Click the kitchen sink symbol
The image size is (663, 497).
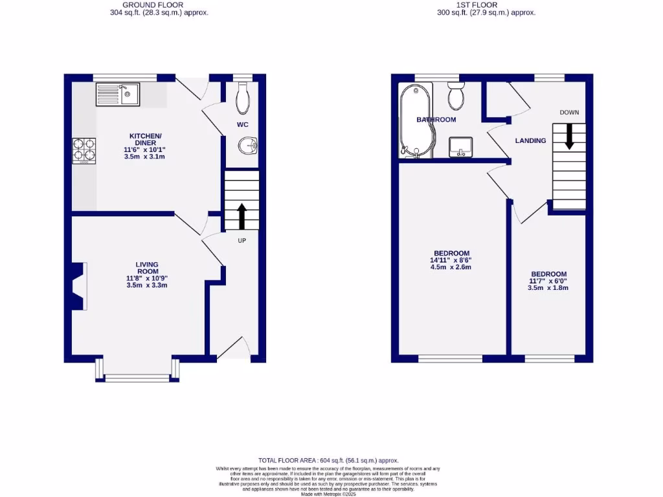[x=117, y=94]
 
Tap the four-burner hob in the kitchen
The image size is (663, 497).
[x=83, y=149]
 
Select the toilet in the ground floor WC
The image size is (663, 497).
[x=243, y=98]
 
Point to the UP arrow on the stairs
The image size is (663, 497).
[x=242, y=217]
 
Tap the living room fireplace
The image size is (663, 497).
[x=78, y=287]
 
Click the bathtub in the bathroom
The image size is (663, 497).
[x=412, y=122]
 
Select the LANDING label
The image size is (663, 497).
[x=530, y=140]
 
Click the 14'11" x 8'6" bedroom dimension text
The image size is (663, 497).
[x=451, y=260]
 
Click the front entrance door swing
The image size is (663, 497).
[x=234, y=348]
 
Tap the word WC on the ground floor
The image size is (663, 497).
[x=242, y=124]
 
